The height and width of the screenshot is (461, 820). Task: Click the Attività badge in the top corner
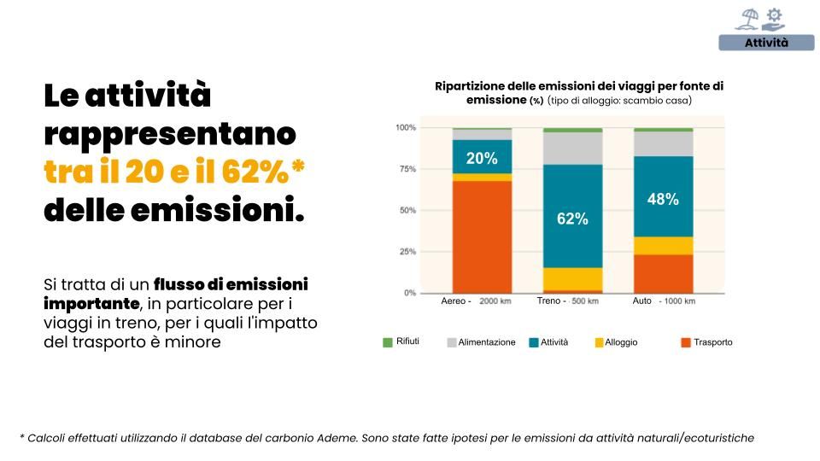(x=766, y=43)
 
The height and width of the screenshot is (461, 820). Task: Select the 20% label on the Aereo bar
(x=482, y=158)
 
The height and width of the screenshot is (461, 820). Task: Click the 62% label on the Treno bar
(x=572, y=219)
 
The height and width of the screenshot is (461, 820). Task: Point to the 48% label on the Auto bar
(x=663, y=199)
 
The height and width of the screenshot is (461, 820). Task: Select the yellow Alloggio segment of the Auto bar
(x=663, y=246)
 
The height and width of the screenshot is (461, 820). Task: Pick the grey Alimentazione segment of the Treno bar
(x=572, y=149)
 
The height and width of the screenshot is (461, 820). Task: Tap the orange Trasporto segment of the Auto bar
(x=663, y=273)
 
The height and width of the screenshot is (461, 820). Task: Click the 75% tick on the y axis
(x=406, y=169)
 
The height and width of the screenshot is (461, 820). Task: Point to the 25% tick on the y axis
(x=406, y=252)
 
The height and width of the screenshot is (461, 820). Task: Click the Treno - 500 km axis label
(x=567, y=301)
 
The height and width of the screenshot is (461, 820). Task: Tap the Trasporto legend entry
(x=712, y=342)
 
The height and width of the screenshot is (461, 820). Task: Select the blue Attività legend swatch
(x=534, y=342)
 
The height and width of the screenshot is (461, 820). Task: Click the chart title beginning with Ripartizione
(x=578, y=93)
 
